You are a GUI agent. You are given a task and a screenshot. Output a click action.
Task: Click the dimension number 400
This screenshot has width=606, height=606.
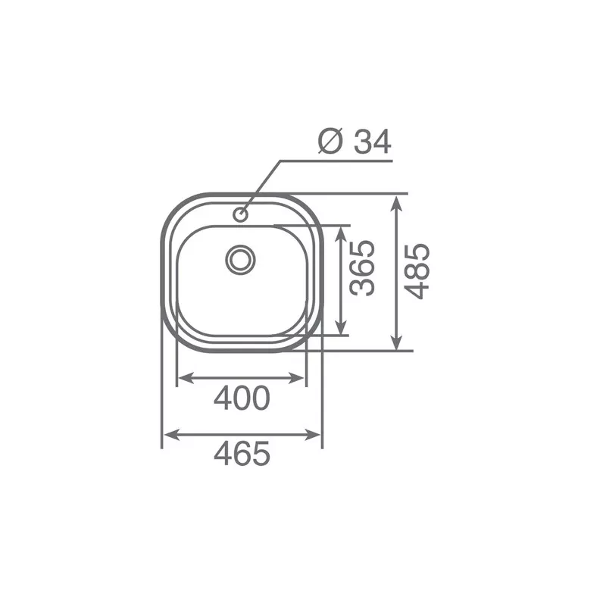coord(242,398)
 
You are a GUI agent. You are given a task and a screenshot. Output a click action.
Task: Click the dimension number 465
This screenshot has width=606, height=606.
coord(242,453)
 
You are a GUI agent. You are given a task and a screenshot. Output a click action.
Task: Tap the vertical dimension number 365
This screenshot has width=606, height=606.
coord(362,268)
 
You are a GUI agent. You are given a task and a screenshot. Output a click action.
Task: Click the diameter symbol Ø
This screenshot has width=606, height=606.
coord(331,141)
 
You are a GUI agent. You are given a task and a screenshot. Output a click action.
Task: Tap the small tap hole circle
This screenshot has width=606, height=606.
coord(240,214)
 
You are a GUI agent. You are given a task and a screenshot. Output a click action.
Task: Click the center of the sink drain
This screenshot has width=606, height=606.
coord(240,259)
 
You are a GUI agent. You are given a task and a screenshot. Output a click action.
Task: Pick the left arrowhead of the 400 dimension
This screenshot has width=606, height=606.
coord(186,378)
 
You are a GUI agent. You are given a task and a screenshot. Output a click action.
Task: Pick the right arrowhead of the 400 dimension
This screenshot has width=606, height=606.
coord(297,378)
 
